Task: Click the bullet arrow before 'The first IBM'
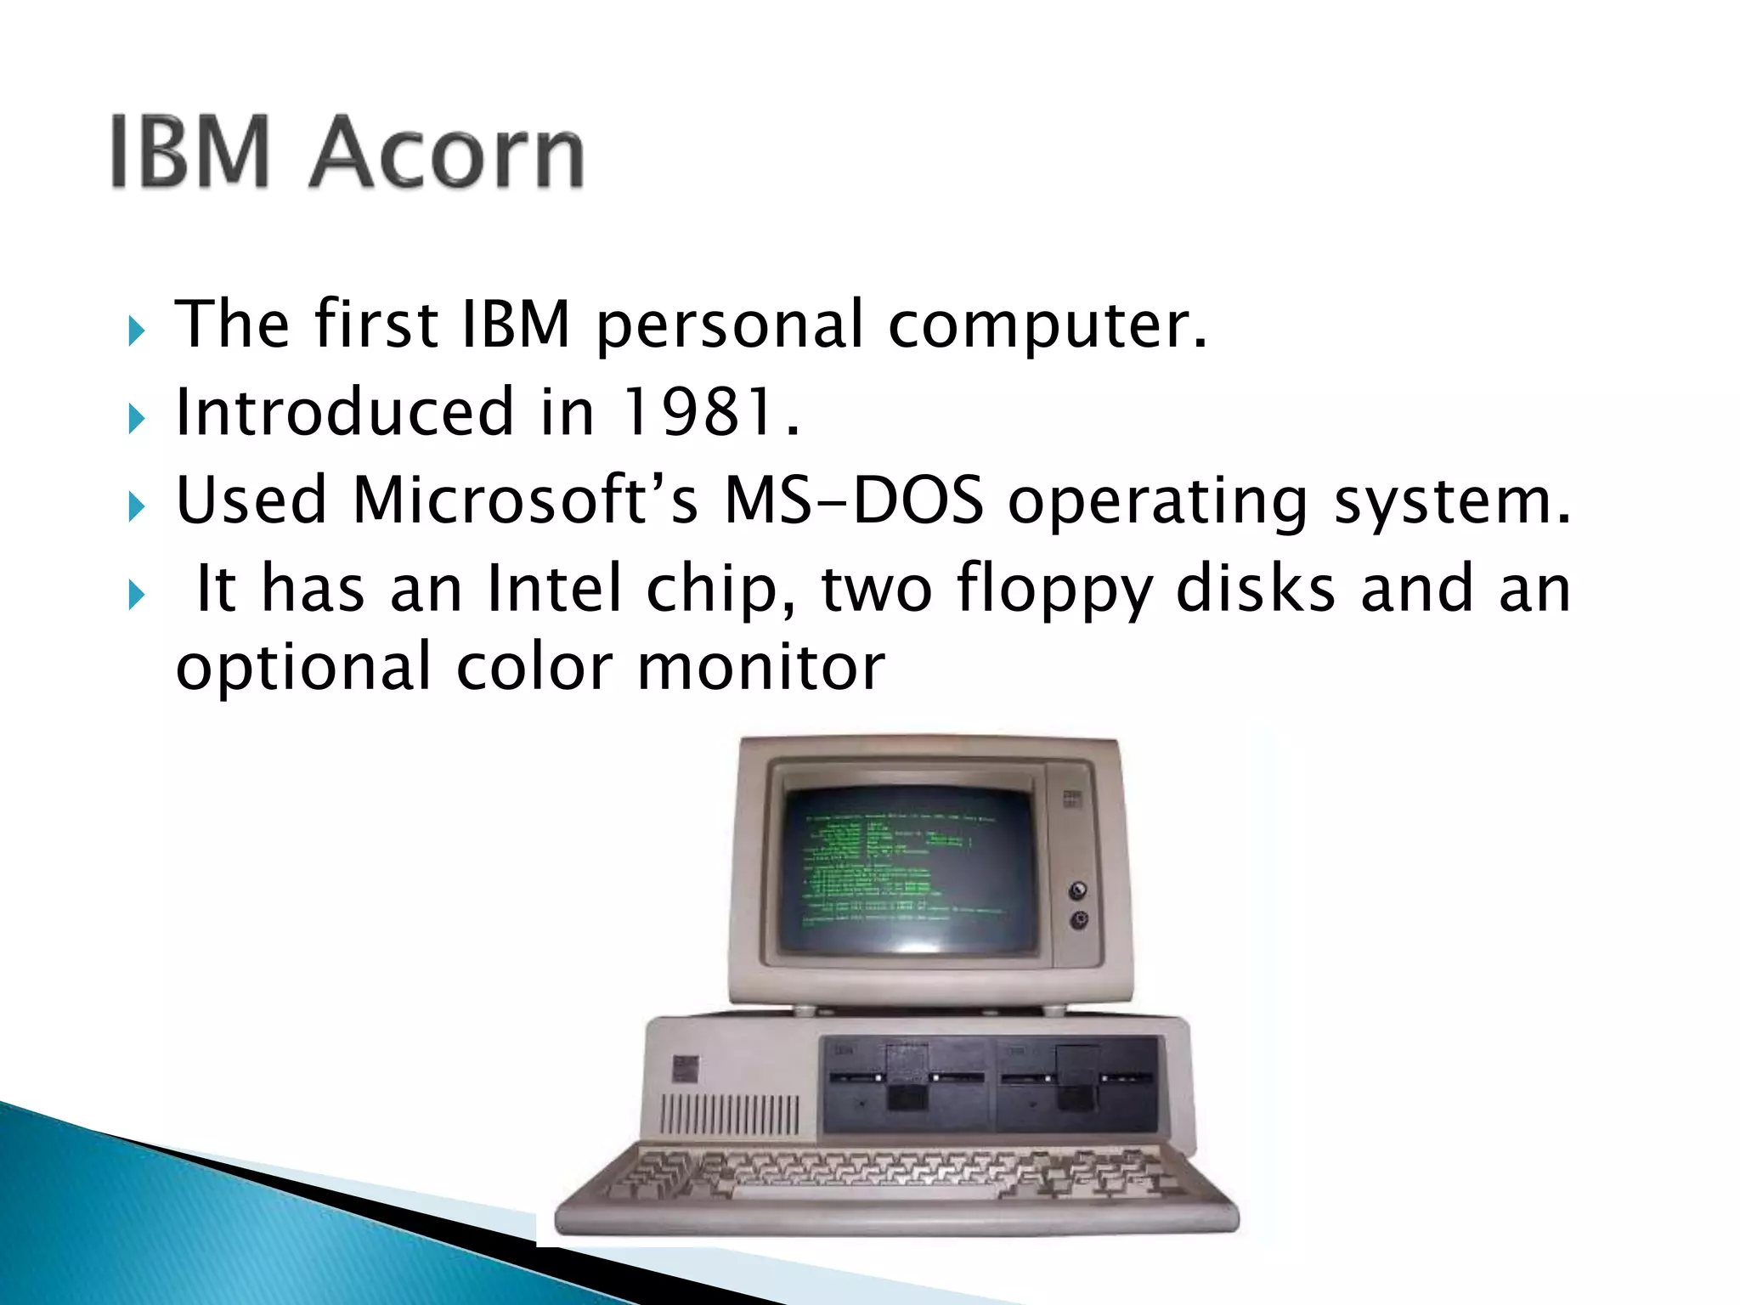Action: point(137,330)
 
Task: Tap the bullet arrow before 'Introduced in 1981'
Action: point(137,419)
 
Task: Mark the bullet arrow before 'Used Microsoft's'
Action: point(137,507)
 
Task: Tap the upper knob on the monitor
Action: point(1078,890)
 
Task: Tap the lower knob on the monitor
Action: point(1079,920)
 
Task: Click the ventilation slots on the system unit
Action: point(729,1115)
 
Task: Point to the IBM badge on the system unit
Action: point(685,1069)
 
